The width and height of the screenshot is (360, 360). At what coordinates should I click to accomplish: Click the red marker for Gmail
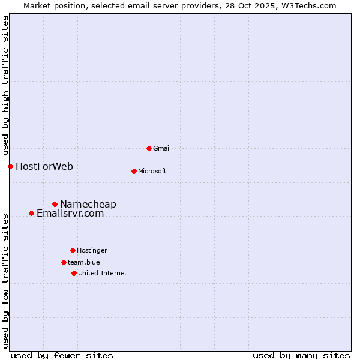coord(149,148)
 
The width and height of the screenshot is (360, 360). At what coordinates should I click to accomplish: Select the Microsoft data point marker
coord(134,171)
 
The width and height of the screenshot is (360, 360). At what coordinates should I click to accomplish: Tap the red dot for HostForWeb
coord(10,166)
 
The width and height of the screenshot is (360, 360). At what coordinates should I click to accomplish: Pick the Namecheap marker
coord(55,205)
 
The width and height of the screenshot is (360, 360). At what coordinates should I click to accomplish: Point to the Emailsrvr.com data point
coord(31,213)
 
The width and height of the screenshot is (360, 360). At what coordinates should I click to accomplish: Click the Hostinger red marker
coord(73,250)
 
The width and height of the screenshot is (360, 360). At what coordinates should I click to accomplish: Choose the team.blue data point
coord(64,262)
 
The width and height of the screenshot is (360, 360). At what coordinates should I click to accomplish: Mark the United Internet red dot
coord(74,273)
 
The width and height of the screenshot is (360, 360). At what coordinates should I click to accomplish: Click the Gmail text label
coord(162,148)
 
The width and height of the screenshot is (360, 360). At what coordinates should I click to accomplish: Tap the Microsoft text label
coord(152,171)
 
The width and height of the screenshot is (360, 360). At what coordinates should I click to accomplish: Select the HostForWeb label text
coord(44,166)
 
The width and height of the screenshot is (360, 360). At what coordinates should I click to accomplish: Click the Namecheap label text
coord(88,205)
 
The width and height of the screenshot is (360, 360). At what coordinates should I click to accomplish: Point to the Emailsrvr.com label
coord(70,213)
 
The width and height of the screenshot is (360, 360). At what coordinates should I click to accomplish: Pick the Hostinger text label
coord(92,250)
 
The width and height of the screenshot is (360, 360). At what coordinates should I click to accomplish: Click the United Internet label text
coord(103,273)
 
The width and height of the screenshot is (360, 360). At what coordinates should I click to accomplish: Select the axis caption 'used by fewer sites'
coord(62,355)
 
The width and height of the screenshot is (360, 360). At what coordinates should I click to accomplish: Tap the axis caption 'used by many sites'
coord(301,355)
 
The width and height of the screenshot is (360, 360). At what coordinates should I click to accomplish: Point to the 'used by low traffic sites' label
coord(5,281)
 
